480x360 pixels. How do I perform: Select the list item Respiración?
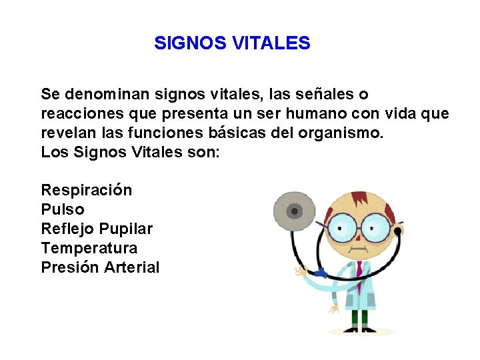[x=87, y=191]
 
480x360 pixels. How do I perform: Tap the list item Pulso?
[x=63, y=209]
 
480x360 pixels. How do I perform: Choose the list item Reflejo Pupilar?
[x=97, y=229]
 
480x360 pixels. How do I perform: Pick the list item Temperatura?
[x=89, y=248]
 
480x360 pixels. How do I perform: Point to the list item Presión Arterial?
[x=100, y=267]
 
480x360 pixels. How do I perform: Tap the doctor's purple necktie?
[x=359, y=270]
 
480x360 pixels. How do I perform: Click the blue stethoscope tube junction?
[x=321, y=273]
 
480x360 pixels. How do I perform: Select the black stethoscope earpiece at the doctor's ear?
[x=398, y=231]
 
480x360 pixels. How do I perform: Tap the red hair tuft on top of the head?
[x=360, y=199]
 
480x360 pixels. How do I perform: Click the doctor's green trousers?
[x=360, y=319]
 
